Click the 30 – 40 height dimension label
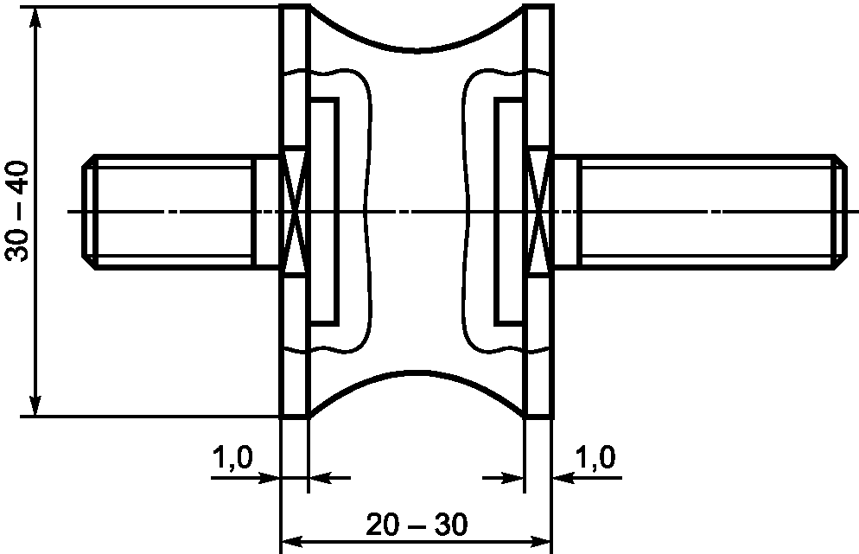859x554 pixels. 17,212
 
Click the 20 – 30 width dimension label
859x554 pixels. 417,525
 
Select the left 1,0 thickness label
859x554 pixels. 232,457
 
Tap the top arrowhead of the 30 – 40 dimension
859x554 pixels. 35,16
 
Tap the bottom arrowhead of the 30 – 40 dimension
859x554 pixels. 35,406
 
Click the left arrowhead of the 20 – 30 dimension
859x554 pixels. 291,542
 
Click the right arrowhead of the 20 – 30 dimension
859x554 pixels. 539,542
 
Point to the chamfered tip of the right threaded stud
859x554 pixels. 839,212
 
